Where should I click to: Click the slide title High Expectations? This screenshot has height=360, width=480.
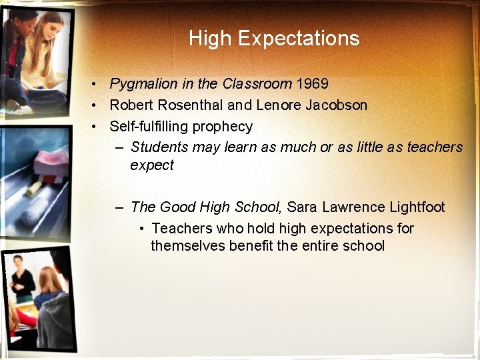(x=274, y=38)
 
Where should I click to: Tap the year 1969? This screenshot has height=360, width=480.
(x=312, y=84)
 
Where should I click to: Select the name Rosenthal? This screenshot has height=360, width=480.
(x=198, y=105)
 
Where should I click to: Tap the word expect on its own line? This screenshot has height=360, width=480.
(x=152, y=165)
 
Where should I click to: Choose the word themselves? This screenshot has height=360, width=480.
(x=188, y=246)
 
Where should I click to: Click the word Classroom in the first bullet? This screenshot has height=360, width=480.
(x=257, y=84)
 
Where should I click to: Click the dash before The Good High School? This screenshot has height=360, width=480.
(x=119, y=207)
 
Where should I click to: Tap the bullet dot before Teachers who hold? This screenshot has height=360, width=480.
(x=142, y=229)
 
